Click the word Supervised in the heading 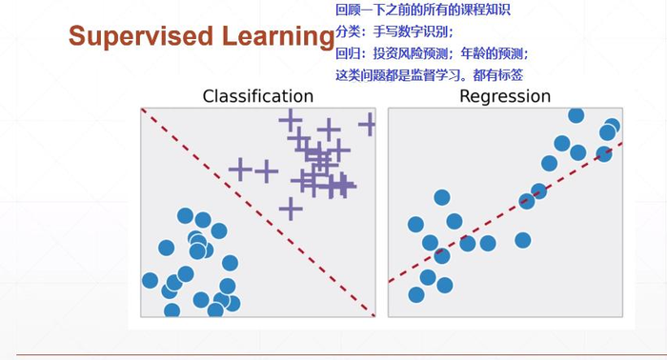140,36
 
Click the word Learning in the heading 278,36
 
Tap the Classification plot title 258,96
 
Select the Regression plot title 505,96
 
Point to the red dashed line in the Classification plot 258,212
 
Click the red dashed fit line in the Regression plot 505,212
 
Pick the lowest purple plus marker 291,209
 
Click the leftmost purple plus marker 241,170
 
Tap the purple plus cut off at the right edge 367,124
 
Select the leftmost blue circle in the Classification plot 150,281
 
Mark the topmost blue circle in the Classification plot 185,216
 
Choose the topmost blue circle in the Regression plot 576,115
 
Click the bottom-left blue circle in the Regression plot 416,294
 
